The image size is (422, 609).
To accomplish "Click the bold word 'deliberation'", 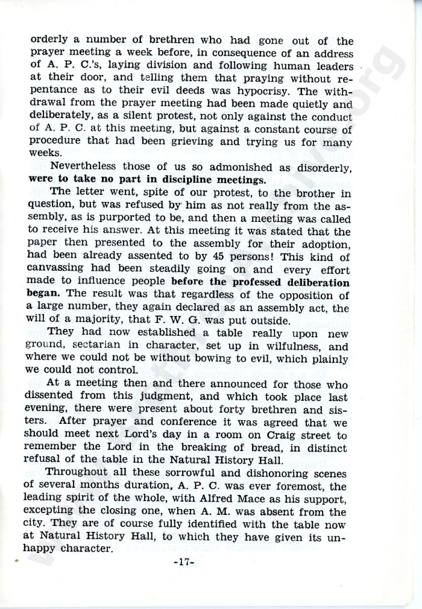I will point(313,282).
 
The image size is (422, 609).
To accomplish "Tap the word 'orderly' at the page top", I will point(51,40).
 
